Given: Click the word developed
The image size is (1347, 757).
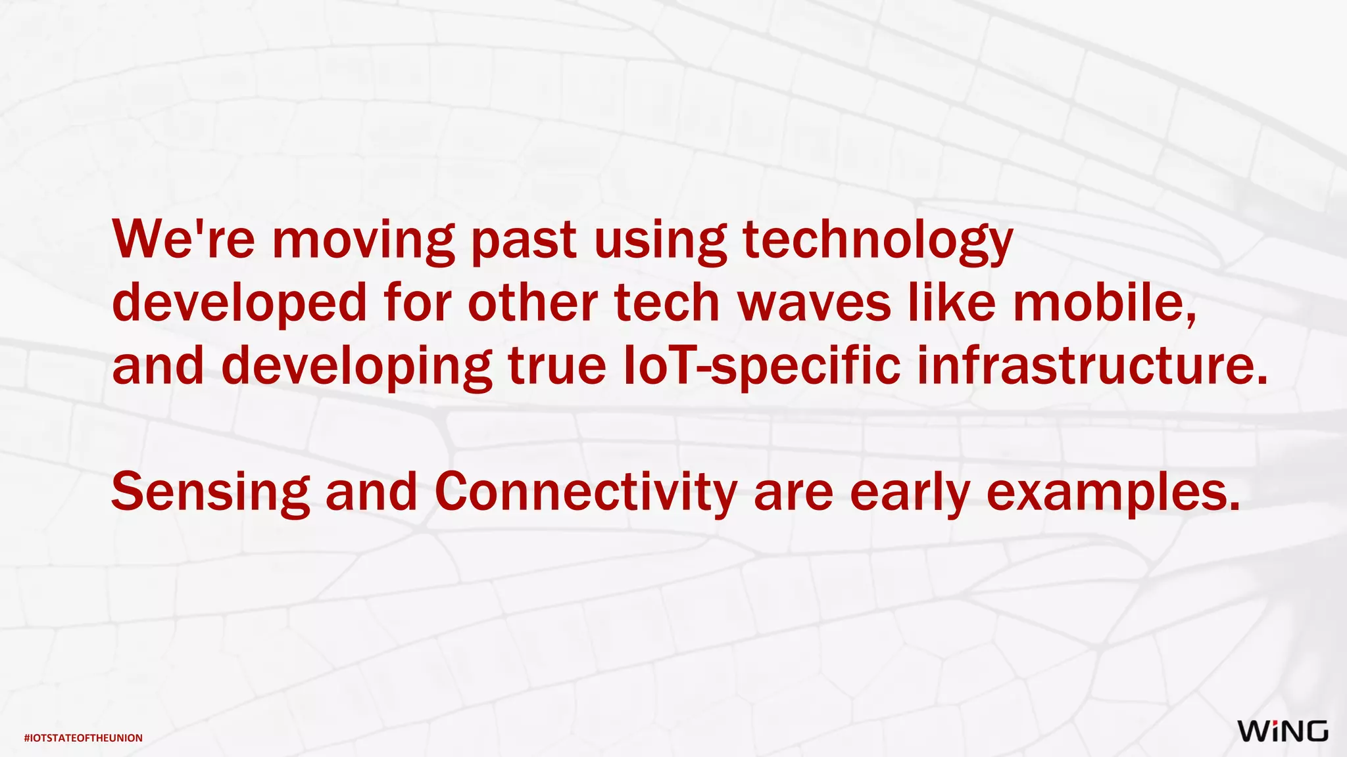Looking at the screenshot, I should (239, 304).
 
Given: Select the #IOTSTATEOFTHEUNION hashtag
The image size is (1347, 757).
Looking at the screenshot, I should (83, 738).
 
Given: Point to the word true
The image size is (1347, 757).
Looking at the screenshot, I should (557, 365).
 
